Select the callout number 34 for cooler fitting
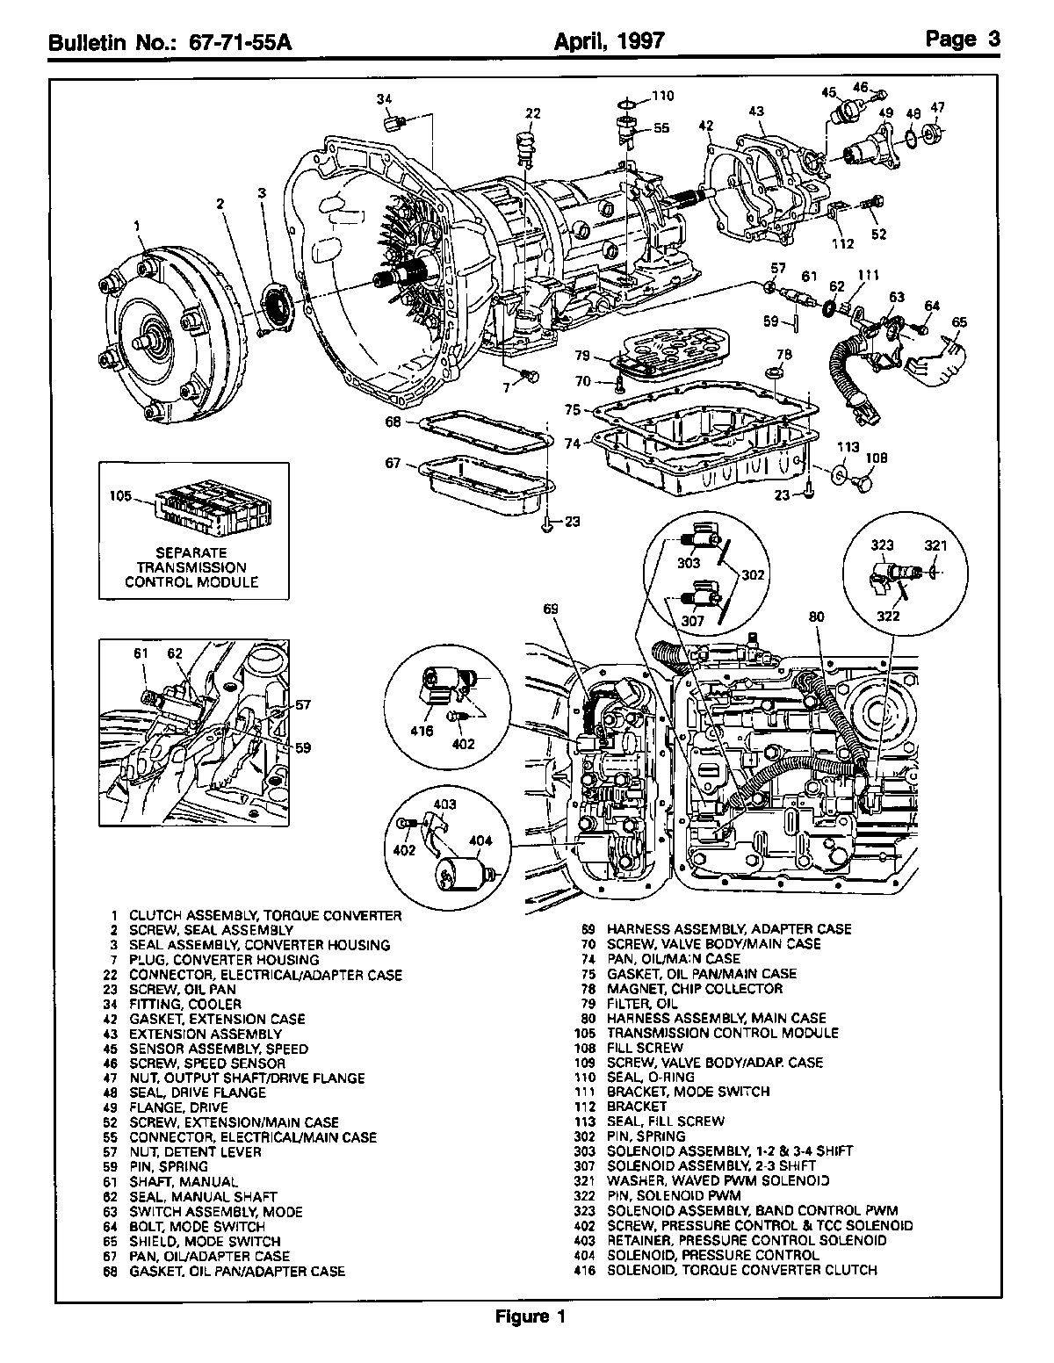pyautogui.click(x=384, y=100)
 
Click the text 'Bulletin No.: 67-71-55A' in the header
pyautogui.click(x=170, y=41)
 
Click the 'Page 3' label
pyautogui.click(x=962, y=39)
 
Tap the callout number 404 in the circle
pyautogui.click(x=480, y=840)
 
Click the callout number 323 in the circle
pyautogui.click(x=882, y=545)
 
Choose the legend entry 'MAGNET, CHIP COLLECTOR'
pyautogui.click(x=694, y=989)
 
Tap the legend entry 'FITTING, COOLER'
pyautogui.click(x=184, y=1004)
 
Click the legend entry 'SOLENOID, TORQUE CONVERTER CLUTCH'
pyautogui.click(x=741, y=1270)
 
